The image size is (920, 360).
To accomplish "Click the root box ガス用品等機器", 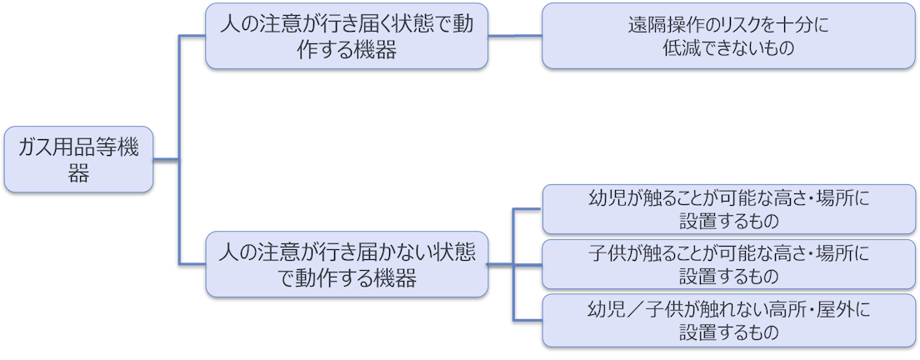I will tap(79, 160).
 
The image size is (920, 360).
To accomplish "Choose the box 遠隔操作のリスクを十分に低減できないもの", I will tap(728, 36).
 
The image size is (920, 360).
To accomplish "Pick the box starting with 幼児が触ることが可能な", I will tap(728, 208).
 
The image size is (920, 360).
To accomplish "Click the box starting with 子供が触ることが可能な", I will tap(728, 263).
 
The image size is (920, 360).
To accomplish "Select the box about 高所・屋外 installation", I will tap(728, 321).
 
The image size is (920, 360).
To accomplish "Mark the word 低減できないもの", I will tap(728, 48).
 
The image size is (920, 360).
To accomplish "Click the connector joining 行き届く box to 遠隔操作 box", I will tap(515, 36).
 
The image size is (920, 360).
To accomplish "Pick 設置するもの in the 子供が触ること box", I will tap(728, 276).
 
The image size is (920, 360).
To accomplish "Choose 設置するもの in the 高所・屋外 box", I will tap(728, 332).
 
